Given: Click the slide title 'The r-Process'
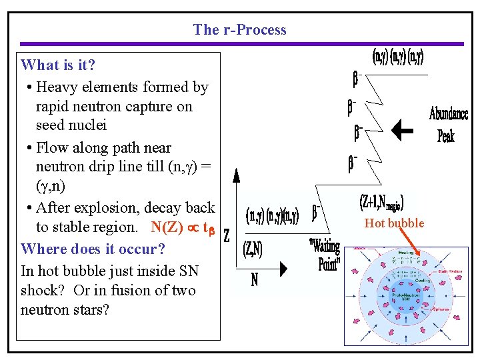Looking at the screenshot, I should click(239, 29).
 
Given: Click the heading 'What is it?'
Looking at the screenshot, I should click(58, 65).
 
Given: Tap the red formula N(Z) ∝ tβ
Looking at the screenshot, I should click(183, 227).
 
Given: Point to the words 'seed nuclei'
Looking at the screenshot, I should click(71, 125).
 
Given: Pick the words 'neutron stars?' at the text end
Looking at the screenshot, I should click(65, 310).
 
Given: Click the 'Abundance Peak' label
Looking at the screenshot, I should click(447, 125).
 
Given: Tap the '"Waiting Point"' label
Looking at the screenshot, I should click(325, 253).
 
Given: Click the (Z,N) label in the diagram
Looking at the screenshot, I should click(253, 249).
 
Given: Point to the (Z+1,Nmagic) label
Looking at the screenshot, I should click(381, 201).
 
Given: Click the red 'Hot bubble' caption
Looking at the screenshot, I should click(394, 223).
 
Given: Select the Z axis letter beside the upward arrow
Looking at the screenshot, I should click(227, 235).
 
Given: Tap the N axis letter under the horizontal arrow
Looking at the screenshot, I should click(254, 280).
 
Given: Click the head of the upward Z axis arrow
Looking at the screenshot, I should click(235, 175).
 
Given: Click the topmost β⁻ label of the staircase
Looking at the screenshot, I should click(357, 81).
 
